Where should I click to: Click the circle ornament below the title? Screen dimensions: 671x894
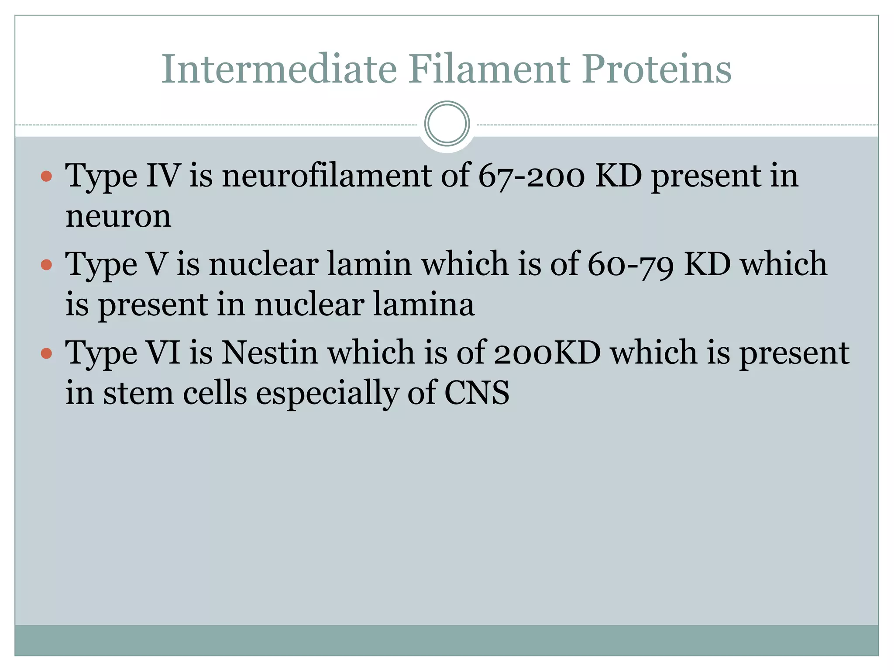click(x=447, y=124)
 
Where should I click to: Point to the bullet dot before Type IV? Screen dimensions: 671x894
click(x=46, y=176)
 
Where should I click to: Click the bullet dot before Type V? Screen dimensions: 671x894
click(x=46, y=265)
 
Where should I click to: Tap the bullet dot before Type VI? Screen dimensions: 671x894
click(x=46, y=353)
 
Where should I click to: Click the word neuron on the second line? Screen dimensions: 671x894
click(x=118, y=216)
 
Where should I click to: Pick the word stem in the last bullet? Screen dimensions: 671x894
click(x=138, y=393)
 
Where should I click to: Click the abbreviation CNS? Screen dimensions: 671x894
click(x=477, y=393)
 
